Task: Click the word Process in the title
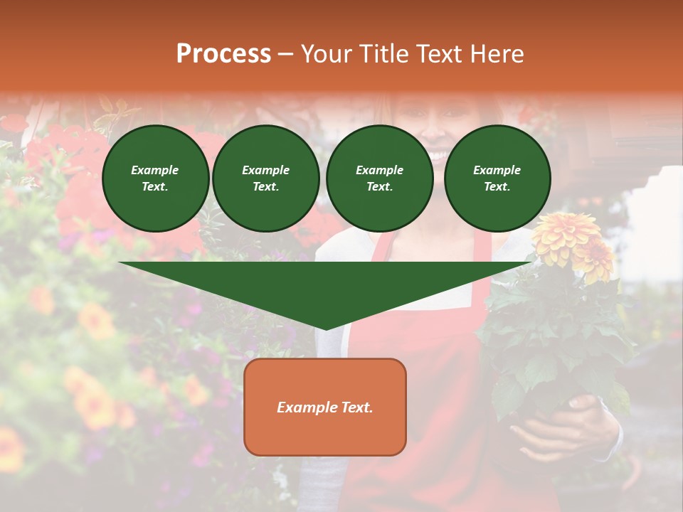click(223, 54)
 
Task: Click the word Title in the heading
click(381, 54)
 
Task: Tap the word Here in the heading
click(496, 54)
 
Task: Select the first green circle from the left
click(156, 178)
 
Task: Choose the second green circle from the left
click(266, 178)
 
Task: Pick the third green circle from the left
click(380, 178)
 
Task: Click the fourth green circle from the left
click(497, 178)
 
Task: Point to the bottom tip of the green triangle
click(326, 329)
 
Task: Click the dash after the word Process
click(286, 54)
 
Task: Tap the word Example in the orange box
click(306, 407)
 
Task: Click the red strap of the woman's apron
click(381, 245)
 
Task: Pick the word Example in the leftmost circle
click(155, 170)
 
